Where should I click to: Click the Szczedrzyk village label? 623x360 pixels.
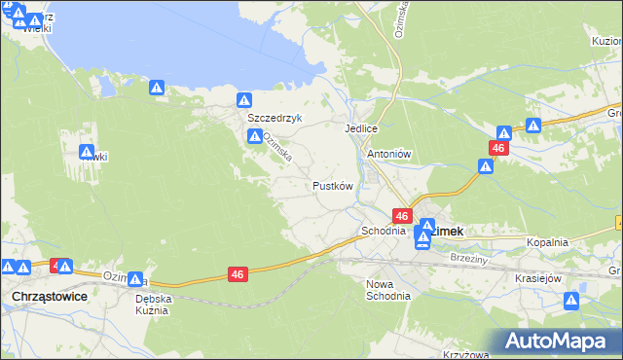275,117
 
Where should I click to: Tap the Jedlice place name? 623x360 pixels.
360,128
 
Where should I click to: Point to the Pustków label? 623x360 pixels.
331,185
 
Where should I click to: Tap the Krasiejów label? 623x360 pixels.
538,278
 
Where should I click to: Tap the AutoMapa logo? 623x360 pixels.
556,342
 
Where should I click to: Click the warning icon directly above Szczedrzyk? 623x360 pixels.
244,99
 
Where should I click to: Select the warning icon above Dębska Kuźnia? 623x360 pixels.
135,279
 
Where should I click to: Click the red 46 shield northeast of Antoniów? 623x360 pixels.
498,148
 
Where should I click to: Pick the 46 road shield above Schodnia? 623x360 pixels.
401,215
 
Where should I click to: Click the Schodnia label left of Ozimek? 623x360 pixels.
383,232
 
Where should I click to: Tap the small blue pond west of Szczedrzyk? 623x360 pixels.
106,88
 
